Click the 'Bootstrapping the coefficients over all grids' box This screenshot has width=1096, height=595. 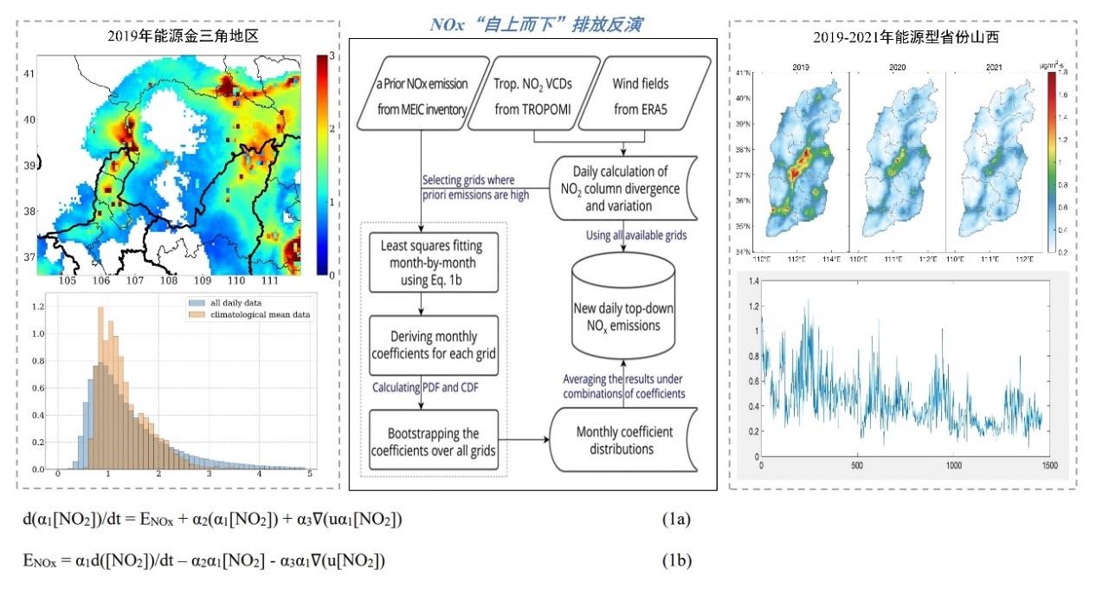point(434,441)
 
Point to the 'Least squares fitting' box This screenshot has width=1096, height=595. point(434,261)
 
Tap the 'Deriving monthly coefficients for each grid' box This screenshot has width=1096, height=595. point(434,346)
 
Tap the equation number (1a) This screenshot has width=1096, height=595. point(674,519)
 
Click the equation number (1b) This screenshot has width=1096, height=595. point(674,561)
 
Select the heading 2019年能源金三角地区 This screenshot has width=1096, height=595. point(177,36)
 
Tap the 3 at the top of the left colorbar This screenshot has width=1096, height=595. point(332,55)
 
